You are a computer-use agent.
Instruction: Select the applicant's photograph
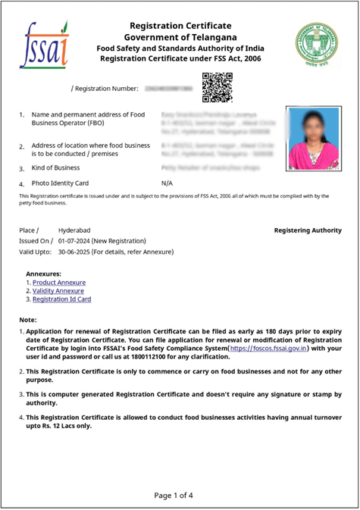313,139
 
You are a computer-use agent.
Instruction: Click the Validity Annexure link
58,291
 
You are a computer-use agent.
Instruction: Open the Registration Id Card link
61,299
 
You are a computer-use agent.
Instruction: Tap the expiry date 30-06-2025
79,251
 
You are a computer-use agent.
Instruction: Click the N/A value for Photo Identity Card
167,183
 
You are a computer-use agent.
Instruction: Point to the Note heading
27,320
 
